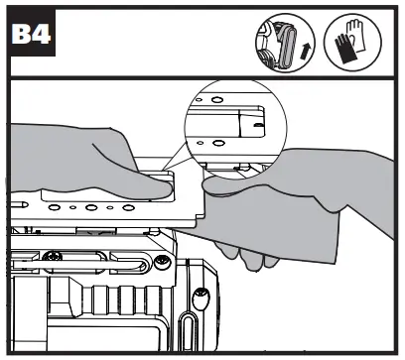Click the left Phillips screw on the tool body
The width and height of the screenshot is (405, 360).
tap(60, 261)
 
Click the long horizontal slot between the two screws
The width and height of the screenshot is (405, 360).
tap(107, 262)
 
